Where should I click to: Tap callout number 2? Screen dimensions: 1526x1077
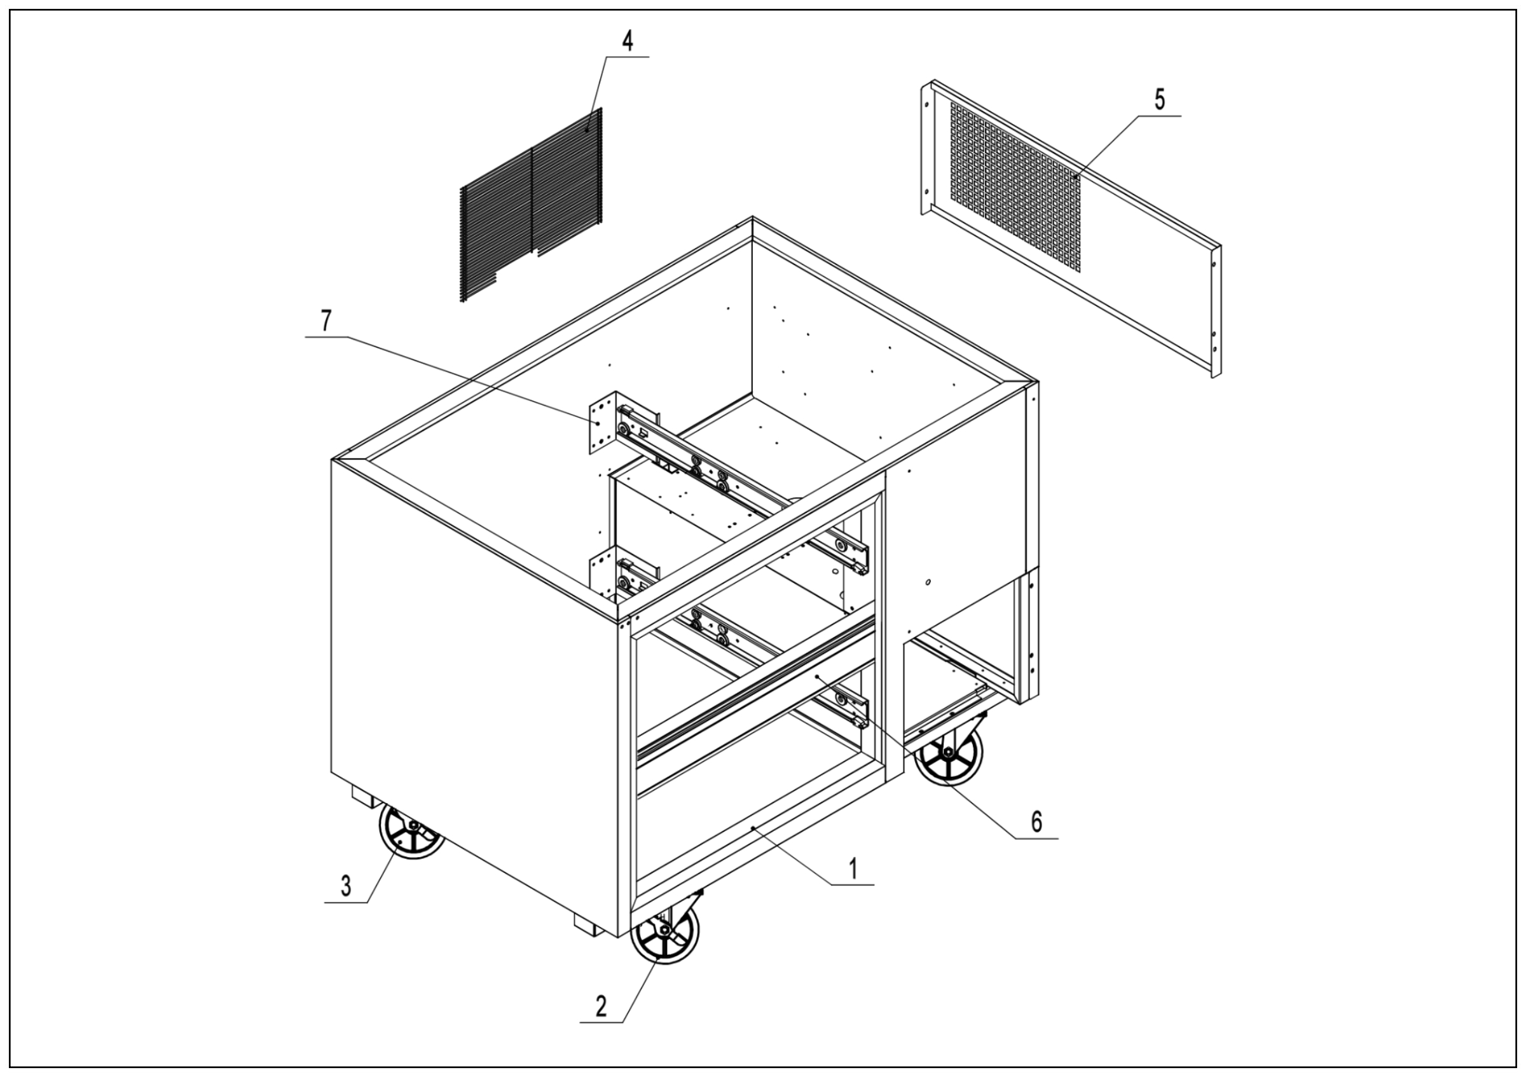tap(601, 1006)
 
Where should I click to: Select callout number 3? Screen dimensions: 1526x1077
tap(346, 886)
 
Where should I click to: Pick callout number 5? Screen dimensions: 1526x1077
tap(1160, 100)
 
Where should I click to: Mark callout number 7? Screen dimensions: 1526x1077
tap(325, 321)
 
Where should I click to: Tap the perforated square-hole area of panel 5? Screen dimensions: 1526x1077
tap(1014, 188)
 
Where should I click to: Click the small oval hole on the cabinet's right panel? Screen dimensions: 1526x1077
tap(928, 582)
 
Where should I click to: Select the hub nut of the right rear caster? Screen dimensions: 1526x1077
tap(947, 752)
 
